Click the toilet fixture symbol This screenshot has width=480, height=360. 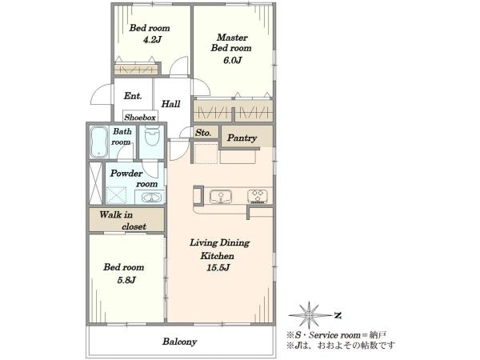click(152, 136)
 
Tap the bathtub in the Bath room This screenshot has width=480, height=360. click(99, 142)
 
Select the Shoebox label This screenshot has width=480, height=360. click(139, 118)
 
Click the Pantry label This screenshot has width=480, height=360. click(242, 138)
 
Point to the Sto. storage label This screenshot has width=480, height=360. click(203, 133)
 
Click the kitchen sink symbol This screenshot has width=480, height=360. click(221, 197)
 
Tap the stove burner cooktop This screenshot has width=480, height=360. click(258, 197)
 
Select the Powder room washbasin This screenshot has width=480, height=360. click(150, 198)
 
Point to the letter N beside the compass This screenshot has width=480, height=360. click(338, 315)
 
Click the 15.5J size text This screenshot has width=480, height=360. click(218, 267)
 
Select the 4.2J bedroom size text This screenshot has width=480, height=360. click(152, 40)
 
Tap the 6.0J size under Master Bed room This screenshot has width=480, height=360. click(232, 60)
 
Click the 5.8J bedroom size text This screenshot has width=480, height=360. click(126, 280)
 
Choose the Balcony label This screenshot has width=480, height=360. click(180, 342)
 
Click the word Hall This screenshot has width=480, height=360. click(170, 104)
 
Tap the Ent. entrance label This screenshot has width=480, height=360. click(133, 96)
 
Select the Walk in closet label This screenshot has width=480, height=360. click(122, 221)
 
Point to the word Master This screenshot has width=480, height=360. click(232, 38)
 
